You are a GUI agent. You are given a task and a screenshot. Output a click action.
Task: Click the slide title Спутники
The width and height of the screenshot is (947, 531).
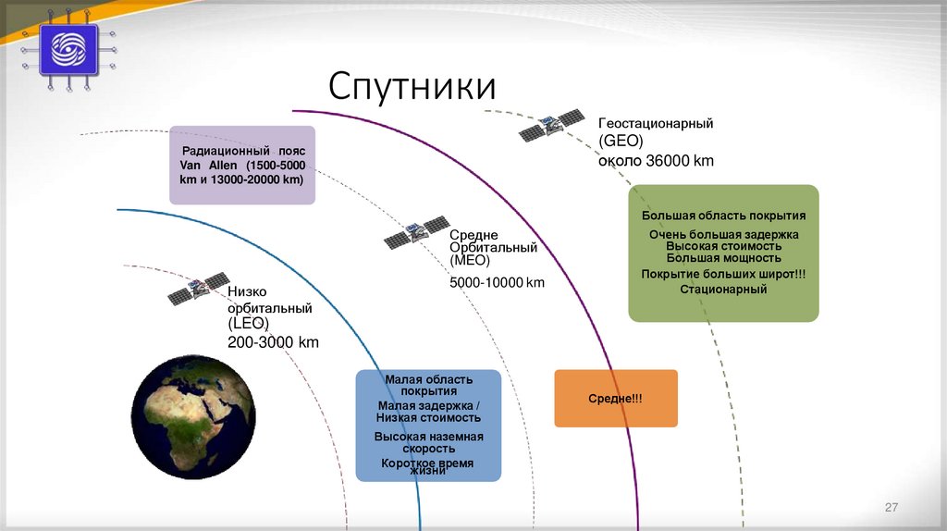coord(412,87)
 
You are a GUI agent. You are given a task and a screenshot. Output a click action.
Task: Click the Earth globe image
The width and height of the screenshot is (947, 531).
coord(192,416)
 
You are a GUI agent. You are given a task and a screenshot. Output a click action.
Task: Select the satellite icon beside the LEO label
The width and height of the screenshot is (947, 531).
coord(198,290)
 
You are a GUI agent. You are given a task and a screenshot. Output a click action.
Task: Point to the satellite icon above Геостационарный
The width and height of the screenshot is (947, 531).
coord(551,125)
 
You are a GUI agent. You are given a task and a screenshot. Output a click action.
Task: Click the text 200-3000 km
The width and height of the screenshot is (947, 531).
coord(273,342)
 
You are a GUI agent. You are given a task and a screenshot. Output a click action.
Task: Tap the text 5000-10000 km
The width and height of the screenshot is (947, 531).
coord(498,281)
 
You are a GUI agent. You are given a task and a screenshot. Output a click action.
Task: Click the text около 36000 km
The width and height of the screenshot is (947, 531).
coord(656,160)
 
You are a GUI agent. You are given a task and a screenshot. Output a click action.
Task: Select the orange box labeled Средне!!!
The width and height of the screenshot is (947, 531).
coord(616,398)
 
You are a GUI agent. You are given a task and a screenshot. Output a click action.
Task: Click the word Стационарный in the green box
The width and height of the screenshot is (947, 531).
coord(723,289)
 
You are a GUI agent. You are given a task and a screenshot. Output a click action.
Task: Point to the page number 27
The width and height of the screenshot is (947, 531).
coord(892,507)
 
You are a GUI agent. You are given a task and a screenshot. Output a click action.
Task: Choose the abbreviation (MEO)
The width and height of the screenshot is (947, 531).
coord(471,262)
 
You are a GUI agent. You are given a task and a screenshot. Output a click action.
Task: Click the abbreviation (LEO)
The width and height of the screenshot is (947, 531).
coord(249,324)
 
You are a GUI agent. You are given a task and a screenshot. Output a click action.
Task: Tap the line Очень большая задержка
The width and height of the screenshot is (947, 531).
coord(723,234)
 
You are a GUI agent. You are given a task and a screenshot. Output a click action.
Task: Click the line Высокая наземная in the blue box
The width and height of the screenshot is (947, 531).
coord(428,436)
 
